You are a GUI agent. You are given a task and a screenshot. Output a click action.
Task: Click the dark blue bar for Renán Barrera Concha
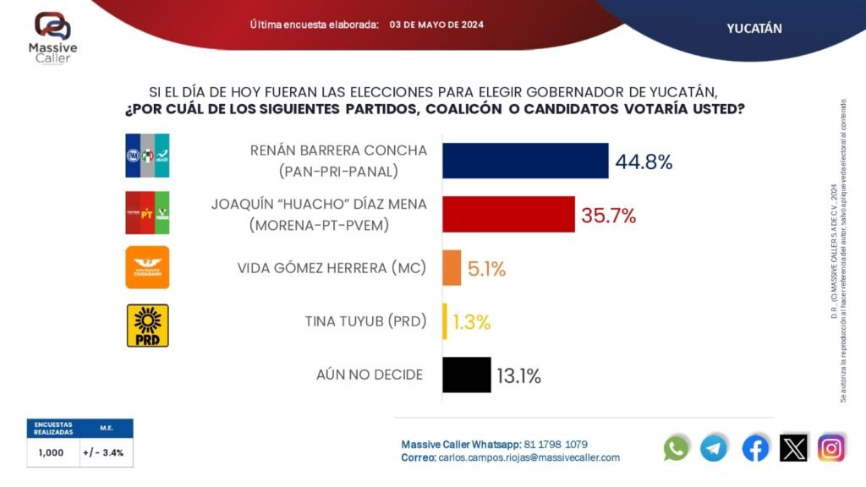pos(525,161)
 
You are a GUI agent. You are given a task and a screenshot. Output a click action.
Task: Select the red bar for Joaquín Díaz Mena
pos(508,214)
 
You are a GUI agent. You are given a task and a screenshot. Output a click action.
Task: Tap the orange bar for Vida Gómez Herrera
pos(452,267)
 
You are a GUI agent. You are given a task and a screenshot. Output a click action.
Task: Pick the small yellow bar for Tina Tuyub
pos(445,321)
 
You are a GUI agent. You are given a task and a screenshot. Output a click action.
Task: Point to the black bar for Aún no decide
pos(466,375)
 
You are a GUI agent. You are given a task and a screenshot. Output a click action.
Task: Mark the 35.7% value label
pos(608,216)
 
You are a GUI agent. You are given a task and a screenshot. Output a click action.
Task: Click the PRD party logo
pos(147,326)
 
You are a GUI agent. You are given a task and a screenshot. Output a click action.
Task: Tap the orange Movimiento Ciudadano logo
pos(147,267)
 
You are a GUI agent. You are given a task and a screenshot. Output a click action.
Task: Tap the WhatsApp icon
pos(677,447)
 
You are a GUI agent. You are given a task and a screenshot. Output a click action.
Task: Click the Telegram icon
pos(714,447)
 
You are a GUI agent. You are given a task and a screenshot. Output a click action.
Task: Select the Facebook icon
pos(755,447)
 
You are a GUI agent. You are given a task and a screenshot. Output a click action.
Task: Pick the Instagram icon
pos(831,447)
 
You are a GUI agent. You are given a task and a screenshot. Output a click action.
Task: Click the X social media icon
pos(793,447)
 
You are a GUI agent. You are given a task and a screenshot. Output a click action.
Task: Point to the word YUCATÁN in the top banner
pos(754,28)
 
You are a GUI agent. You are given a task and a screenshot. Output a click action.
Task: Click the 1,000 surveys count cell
pos(51,452)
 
